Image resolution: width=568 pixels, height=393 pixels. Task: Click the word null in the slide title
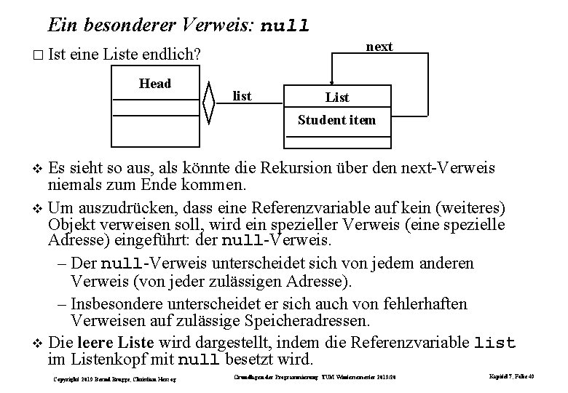[x=285, y=26]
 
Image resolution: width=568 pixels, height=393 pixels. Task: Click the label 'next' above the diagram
[x=379, y=47]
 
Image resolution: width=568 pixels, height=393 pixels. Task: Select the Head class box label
[x=155, y=83]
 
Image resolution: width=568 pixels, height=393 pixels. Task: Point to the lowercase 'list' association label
[x=242, y=95]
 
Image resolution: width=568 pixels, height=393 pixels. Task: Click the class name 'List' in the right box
[x=337, y=97]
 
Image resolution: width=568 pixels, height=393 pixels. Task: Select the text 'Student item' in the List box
[x=337, y=119]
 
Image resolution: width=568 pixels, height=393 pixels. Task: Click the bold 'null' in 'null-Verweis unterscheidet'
[x=125, y=263]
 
